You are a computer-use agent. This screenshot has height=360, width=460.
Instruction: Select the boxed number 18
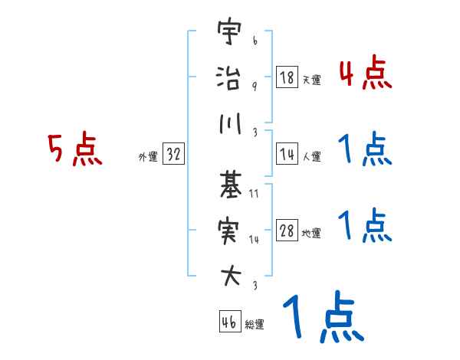[x=287, y=77]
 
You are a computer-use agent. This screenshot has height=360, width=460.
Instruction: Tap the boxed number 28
[x=287, y=231]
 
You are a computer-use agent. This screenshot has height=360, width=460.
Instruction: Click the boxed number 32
[x=173, y=155]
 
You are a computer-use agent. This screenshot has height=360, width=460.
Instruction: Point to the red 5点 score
[x=74, y=149]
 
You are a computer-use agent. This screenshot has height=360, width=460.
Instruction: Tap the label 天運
[x=311, y=80]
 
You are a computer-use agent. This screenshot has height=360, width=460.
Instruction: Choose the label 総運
[x=255, y=324]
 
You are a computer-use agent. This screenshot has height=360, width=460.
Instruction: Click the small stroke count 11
[x=254, y=195]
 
